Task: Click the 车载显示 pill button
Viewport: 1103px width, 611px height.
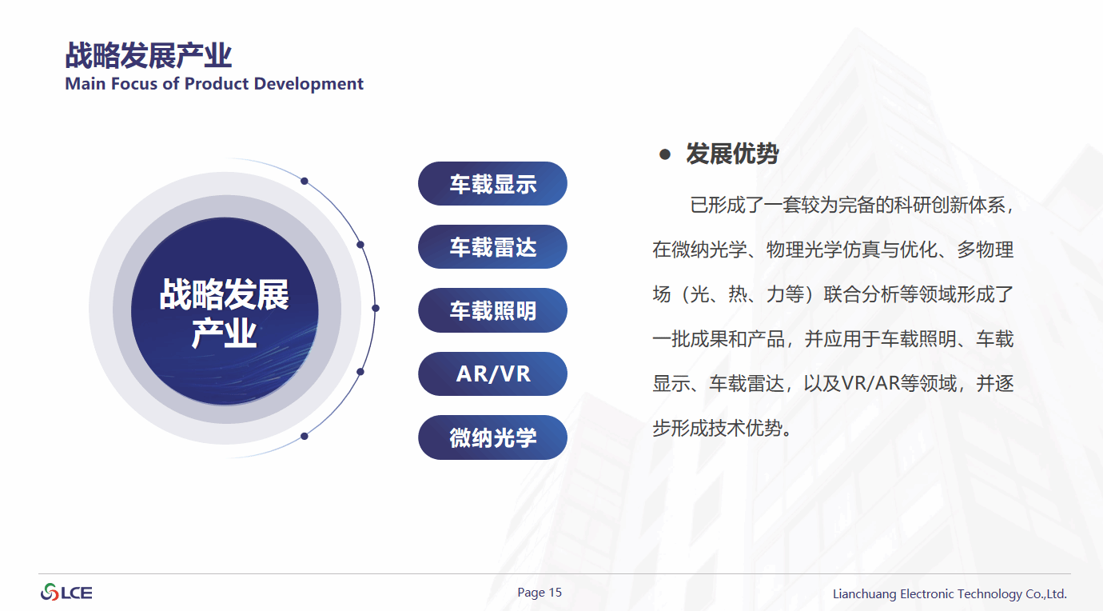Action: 492,183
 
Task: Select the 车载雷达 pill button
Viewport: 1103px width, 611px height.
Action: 492,247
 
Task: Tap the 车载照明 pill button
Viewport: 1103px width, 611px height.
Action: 492,310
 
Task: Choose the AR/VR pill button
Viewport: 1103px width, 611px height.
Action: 492,373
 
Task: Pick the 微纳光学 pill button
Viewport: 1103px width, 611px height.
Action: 492,437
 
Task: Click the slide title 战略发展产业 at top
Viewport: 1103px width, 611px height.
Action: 148,55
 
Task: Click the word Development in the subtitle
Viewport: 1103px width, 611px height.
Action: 309,84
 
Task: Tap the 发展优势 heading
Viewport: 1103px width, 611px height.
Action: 732,154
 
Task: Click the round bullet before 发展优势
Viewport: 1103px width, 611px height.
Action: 665,154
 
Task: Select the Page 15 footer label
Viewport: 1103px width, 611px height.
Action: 540,593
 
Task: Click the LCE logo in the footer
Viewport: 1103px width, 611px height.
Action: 66,593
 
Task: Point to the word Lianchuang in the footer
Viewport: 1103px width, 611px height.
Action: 864,594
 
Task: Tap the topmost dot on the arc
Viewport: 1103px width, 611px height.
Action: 305,182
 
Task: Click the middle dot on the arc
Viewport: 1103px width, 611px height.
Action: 376,308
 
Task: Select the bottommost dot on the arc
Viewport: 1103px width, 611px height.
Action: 305,436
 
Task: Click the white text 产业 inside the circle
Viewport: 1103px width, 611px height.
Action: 224,333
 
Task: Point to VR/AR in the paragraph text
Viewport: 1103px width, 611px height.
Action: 870,383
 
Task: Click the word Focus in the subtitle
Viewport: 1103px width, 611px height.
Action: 134,84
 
